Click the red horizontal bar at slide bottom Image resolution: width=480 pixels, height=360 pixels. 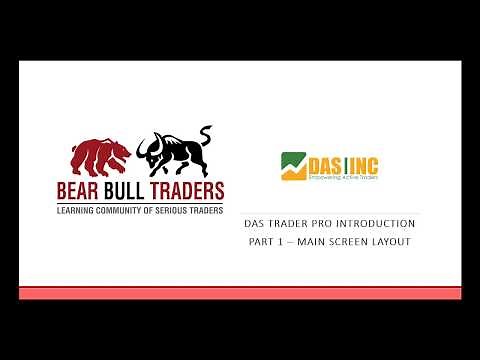[x=240, y=292]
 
